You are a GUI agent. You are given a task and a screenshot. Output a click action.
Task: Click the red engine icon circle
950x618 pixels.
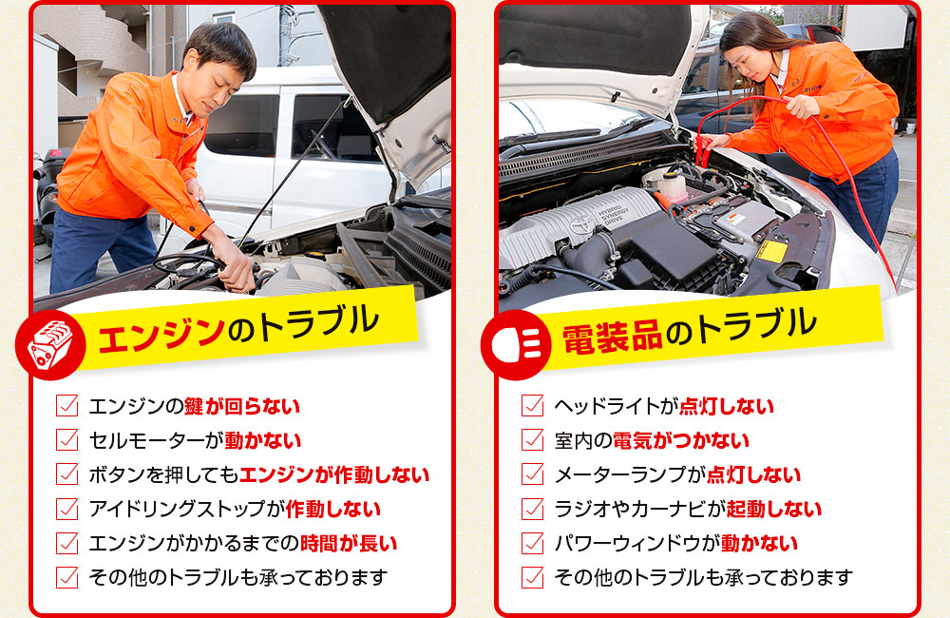[x=50, y=344]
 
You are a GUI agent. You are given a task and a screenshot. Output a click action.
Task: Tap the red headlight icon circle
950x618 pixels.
[x=516, y=344]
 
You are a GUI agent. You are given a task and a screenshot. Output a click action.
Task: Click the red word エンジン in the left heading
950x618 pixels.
[x=161, y=334]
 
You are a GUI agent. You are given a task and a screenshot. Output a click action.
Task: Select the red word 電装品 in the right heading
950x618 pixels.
[x=612, y=338]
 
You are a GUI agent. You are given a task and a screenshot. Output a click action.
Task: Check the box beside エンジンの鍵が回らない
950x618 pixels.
[x=66, y=405]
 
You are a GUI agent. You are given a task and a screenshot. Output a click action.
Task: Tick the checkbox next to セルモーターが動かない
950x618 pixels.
[x=66, y=439]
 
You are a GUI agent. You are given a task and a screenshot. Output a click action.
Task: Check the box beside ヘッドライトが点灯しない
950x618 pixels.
[x=532, y=405]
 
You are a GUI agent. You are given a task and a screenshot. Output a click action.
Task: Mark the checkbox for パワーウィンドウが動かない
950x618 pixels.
[x=532, y=543]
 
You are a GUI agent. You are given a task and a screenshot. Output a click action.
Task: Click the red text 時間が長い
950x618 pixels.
[x=349, y=544]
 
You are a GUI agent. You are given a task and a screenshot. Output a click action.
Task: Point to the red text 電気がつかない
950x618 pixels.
[x=681, y=440]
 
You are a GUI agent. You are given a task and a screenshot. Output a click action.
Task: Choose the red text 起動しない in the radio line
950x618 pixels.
[x=773, y=509]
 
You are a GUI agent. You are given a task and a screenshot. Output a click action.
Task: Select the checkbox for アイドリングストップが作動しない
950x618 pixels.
[x=66, y=509]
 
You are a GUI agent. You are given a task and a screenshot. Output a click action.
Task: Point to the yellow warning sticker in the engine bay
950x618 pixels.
[x=771, y=251]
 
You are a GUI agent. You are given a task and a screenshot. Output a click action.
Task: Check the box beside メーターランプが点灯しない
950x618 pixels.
[x=532, y=474]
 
